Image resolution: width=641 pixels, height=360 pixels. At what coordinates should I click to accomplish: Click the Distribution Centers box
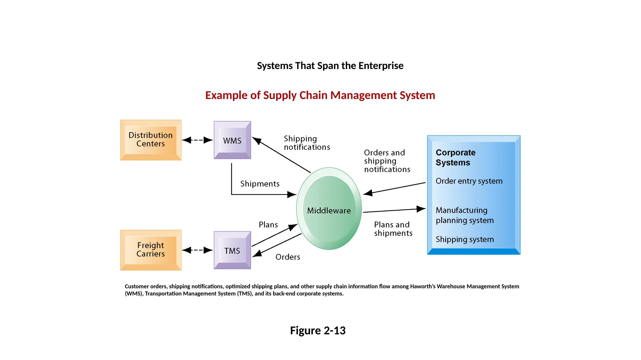click(151, 140)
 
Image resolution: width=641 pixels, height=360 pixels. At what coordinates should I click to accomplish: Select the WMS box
click(232, 140)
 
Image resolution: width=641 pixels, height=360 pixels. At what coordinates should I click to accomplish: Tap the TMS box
click(232, 250)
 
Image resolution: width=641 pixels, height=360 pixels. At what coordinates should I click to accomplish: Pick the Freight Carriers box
click(151, 250)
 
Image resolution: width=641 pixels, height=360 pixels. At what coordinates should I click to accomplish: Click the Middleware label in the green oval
click(329, 211)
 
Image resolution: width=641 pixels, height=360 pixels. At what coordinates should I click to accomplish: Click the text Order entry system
click(469, 181)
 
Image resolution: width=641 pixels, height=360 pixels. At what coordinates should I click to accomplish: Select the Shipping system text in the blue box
click(464, 239)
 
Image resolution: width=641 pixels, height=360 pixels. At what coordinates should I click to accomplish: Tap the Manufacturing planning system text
click(464, 215)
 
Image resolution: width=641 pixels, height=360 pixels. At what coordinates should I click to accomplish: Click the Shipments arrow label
click(260, 184)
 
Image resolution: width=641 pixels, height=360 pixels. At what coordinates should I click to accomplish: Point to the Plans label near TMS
click(268, 225)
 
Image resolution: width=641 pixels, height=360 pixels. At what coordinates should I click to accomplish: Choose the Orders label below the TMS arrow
click(288, 257)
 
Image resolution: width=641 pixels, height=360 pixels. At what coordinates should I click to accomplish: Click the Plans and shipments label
click(393, 229)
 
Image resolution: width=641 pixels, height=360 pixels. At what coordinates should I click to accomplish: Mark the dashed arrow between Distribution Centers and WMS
click(197, 140)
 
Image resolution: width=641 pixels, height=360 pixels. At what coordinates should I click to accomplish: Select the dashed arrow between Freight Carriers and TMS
click(197, 250)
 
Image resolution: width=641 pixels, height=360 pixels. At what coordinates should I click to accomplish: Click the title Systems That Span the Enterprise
click(330, 66)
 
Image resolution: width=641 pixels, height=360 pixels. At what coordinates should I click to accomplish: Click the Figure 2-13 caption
click(318, 330)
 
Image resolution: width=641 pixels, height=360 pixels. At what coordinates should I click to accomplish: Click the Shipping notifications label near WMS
click(306, 143)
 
